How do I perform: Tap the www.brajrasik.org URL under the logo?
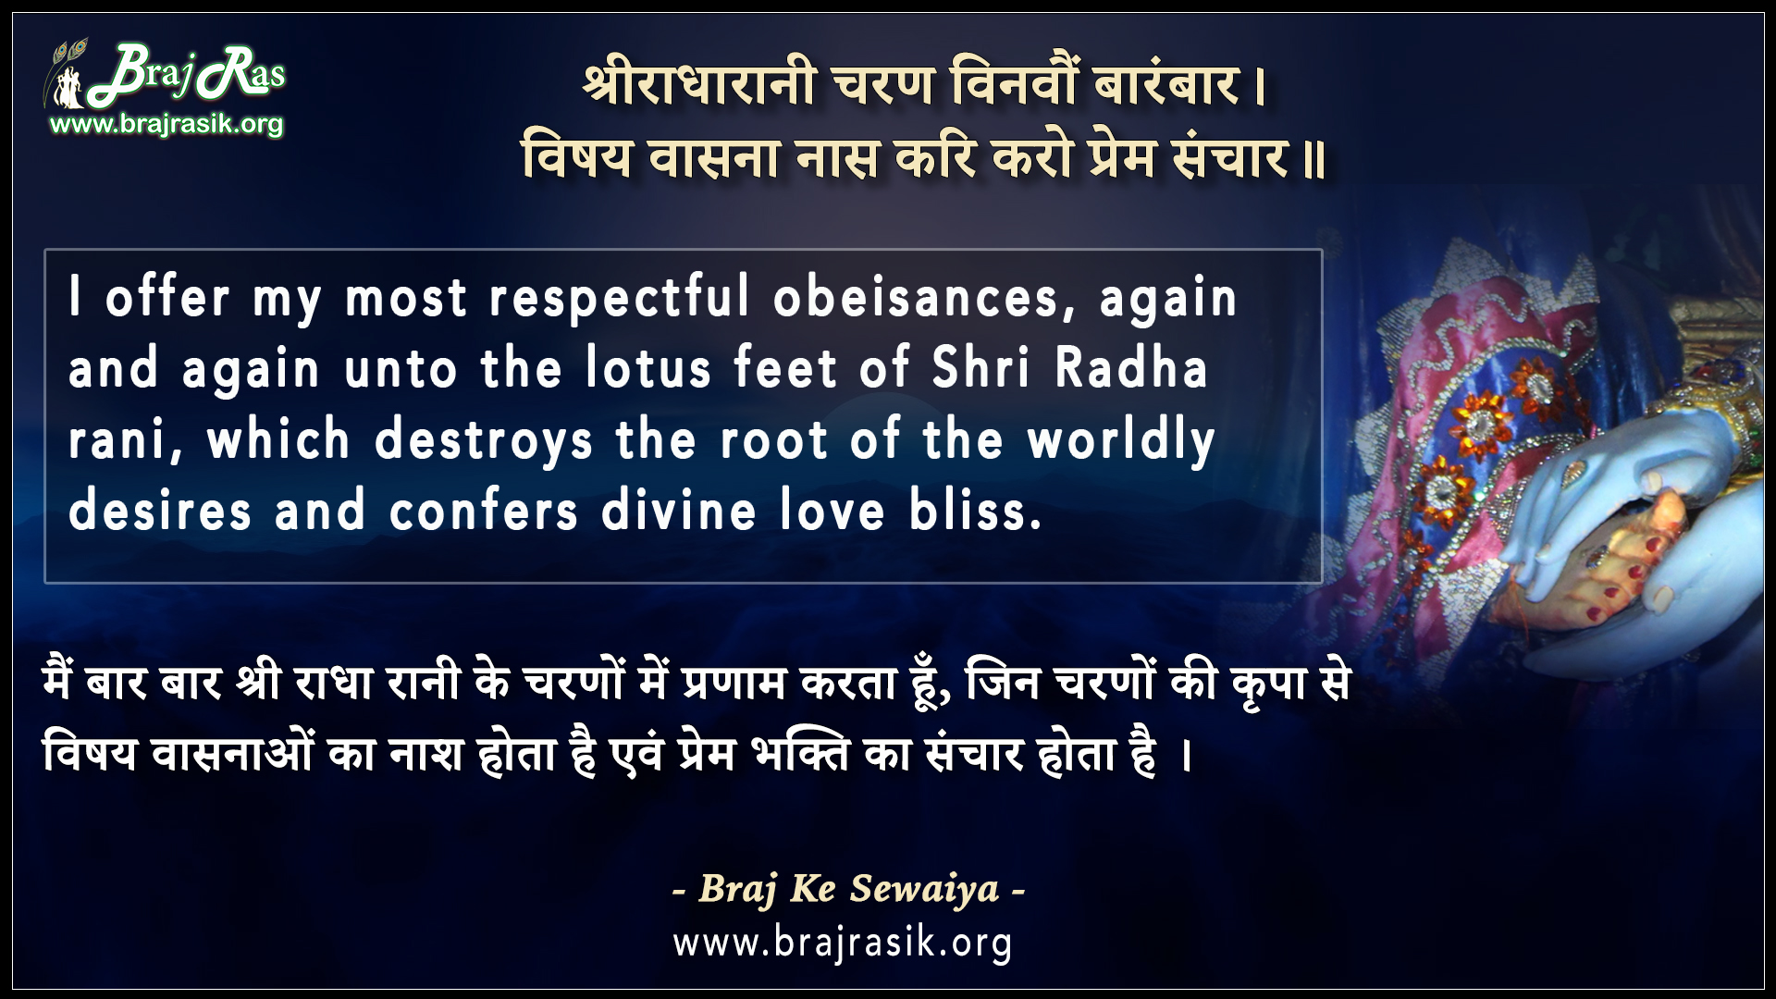point(166,124)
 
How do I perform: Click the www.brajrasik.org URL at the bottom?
point(843,943)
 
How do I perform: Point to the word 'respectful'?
point(619,298)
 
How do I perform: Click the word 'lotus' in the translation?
point(648,368)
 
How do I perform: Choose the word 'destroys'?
point(484,439)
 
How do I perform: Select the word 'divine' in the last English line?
point(679,511)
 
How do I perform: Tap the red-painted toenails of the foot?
point(1614,592)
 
